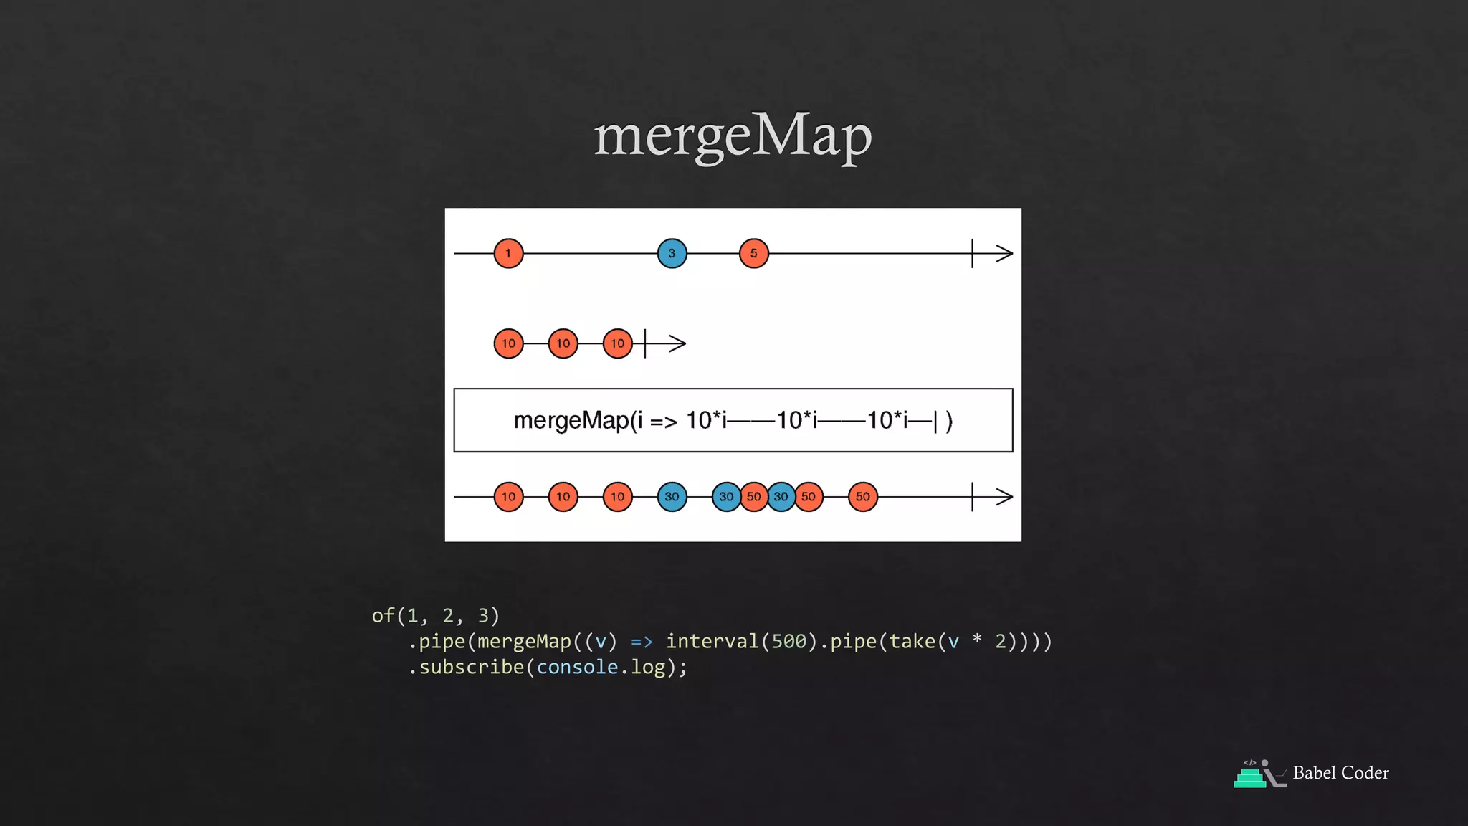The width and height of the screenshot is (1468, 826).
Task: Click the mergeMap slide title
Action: (x=733, y=136)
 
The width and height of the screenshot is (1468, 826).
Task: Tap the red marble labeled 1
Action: (x=508, y=253)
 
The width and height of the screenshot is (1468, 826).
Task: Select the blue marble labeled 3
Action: (x=672, y=253)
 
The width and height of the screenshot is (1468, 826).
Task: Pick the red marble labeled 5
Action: (x=753, y=253)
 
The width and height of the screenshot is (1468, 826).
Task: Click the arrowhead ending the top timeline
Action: (x=1005, y=253)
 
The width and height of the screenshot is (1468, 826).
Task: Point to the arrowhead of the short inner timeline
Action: (x=678, y=343)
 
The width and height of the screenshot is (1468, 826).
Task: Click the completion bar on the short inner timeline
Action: (x=645, y=343)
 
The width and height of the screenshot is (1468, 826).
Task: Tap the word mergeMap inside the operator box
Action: (x=571, y=420)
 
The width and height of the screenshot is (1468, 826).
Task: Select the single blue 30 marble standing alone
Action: (x=672, y=496)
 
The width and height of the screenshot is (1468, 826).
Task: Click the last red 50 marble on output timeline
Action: (x=862, y=496)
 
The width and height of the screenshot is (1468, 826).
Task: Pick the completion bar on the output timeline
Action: (x=972, y=496)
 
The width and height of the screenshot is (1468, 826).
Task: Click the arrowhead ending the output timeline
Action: (x=1005, y=496)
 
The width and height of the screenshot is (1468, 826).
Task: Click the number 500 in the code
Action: (x=789, y=641)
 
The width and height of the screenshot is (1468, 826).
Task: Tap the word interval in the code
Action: (x=712, y=641)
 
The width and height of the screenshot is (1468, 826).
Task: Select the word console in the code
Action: (x=577, y=667)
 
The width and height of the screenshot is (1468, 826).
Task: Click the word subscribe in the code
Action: (x=472, y=667)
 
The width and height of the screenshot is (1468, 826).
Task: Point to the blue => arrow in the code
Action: (x=642, y=641)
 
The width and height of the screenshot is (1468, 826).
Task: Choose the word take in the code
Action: (x=912, y=641)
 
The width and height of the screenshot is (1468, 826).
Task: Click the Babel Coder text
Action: (x=1340, y=773)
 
